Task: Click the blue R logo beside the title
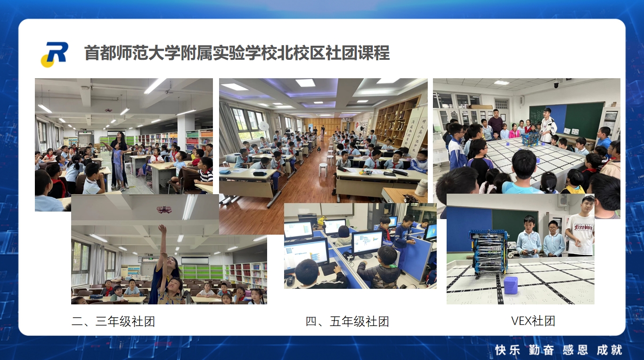[55, 54]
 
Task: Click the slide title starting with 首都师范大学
[237, 53]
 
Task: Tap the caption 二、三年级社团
[113, 321]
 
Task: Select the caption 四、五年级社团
[347, 321]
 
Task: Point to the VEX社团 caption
[533, 321]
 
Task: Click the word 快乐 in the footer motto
[508, 350]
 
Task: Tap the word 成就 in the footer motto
[610, 350]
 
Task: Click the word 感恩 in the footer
[575, 350]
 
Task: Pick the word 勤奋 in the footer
[541, 350]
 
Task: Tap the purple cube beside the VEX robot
[511, 285]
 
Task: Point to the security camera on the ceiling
[557, 84]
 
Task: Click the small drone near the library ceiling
[108, 110]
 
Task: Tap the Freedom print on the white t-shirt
[583, 228]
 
